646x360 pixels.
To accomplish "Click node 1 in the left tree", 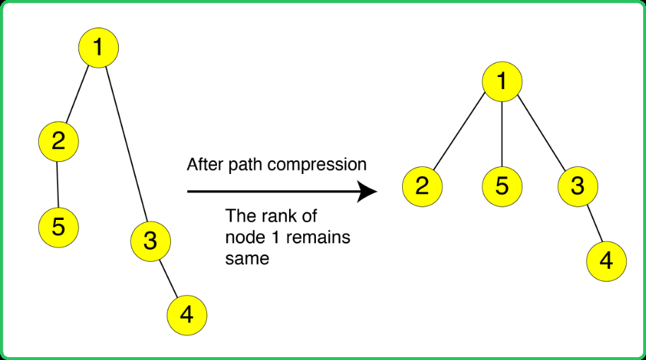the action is [x=98, y=48].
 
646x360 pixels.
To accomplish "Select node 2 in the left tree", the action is [x=59, y=141].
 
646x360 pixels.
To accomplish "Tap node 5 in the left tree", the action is [x=59, y=227].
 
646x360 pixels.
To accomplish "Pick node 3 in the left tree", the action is [x=151, y=241].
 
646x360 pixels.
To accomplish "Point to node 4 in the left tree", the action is [x=187, y=315].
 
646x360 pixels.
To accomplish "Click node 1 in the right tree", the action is [x=503, y=81].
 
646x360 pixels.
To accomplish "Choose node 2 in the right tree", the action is [x=422, y=187].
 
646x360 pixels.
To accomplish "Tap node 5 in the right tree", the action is [x=503, y=187].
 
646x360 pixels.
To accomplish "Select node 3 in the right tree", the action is [x=578, y=187].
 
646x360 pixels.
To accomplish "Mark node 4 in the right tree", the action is [x=606, y=262].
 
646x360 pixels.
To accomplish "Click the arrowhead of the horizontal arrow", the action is [x=367, y=192].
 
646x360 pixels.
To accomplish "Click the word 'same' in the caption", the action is [x=247, y=259].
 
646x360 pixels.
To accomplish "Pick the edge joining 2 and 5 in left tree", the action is [x=58, y=185].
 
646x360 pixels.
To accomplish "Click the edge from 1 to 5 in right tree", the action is [x=503, y=134].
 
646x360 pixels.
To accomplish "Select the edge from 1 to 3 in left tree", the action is [x=127, y=144].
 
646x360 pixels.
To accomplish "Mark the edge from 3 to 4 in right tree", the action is [x=595, y=223].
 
